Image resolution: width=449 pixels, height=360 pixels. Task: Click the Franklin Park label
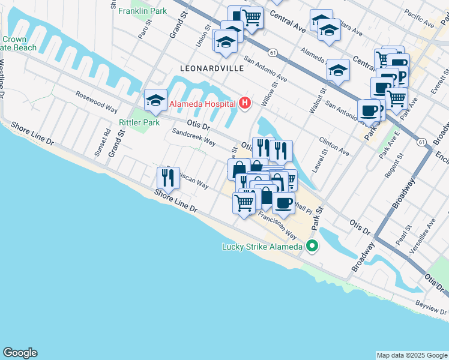(143, 11)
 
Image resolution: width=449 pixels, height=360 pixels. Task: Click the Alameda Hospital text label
(203, 104)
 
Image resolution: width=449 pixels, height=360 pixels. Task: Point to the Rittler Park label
(139, 122)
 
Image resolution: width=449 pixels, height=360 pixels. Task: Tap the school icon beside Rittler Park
(155, 100)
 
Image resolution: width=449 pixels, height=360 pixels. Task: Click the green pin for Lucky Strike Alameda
(312, 245)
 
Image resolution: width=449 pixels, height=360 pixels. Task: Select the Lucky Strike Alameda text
(262, 246)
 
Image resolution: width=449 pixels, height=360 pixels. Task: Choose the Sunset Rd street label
(102, 143)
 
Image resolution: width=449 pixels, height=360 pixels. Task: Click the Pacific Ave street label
(419, 18)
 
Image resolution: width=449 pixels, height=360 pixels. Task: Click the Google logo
(20, 353)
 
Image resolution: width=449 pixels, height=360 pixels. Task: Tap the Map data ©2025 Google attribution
(411, 355)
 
